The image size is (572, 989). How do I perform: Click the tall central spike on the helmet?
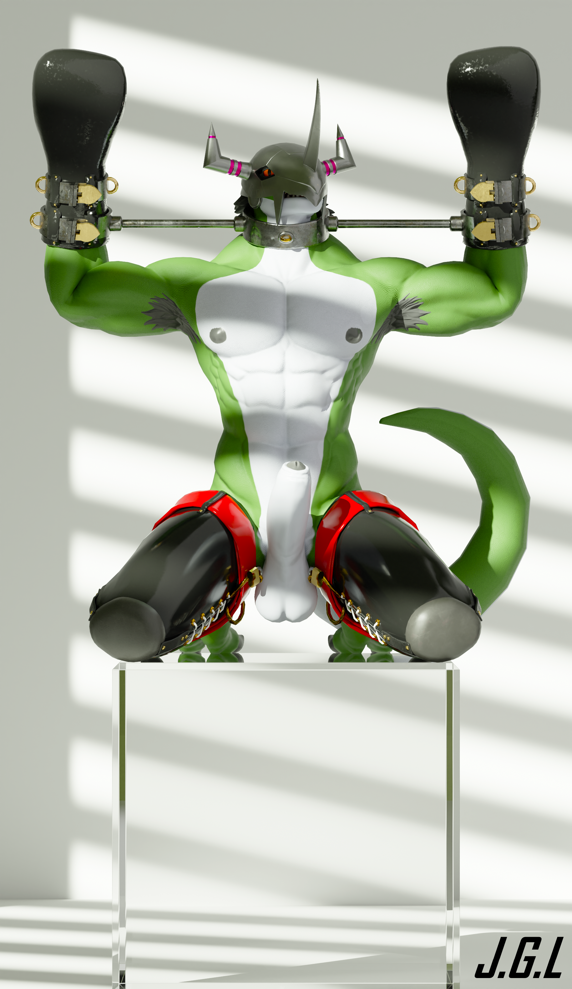point(312,130)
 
